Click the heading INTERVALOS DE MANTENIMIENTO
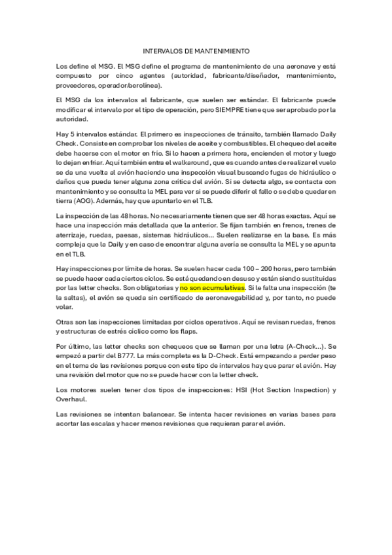(196, 50)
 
